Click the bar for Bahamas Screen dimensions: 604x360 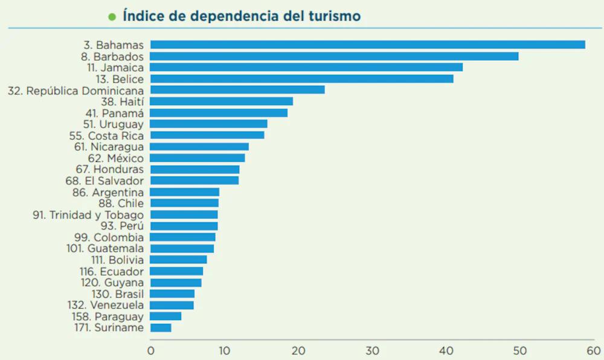[367, 45]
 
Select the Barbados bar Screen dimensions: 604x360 [334, 56]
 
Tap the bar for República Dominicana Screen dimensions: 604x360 [237, 90]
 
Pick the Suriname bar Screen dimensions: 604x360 [161, 327]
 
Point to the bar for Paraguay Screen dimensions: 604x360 [165, 316]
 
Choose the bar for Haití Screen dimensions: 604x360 [222, 101]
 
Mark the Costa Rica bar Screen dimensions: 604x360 [207, 135]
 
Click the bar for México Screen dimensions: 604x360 [198, 158]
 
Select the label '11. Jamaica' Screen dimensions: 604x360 [115, 68]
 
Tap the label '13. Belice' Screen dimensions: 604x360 [120, 79]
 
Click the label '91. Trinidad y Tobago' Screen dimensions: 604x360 [88, 215]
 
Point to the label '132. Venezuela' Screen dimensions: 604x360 [106, 305]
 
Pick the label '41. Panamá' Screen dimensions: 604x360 [114, 113]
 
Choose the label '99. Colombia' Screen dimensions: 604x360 [109, 237]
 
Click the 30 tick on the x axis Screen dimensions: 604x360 [372, 351]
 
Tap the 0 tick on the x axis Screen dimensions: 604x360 [150, 351]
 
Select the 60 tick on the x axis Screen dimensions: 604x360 [594, 351]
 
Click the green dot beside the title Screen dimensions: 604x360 [112, 16]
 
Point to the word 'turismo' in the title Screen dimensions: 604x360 [335, 16]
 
